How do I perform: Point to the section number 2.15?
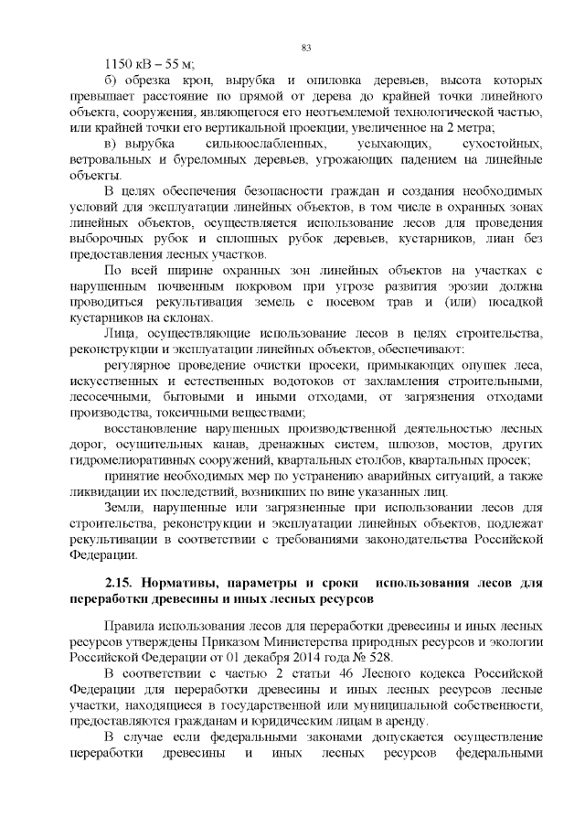coord(119,583)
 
